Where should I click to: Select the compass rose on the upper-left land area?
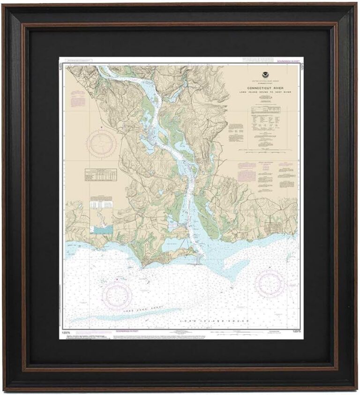(x=101, y=144)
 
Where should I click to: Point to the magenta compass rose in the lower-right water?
(x=270, y=283)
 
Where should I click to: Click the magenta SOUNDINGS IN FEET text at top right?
(x=287, y=61)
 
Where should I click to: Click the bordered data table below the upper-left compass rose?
(x=102, y=174)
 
